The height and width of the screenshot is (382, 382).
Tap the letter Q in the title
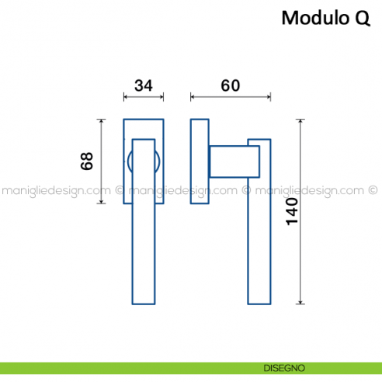(362, 17)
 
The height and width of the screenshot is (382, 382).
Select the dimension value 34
(143, 85)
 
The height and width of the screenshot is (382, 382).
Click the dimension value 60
(230, 85)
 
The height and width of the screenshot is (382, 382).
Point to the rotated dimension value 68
(87, 161)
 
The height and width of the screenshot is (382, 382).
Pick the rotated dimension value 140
(292, 211)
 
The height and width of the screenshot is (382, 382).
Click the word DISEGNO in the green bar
(277, 367)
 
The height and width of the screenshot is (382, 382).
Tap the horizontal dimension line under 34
(144, 98)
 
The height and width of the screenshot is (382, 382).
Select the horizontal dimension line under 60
(230, 98)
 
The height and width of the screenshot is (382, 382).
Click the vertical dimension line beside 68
(100, 161)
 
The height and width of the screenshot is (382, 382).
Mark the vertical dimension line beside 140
(301, 211)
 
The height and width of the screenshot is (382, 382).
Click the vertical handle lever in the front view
(144, 233)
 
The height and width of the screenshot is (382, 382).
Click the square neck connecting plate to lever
(233, 161)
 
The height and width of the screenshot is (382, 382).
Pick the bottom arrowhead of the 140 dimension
(301, 300)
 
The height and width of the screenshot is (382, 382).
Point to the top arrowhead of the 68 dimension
(100, 121)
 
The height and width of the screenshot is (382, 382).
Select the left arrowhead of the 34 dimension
(126, 98)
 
